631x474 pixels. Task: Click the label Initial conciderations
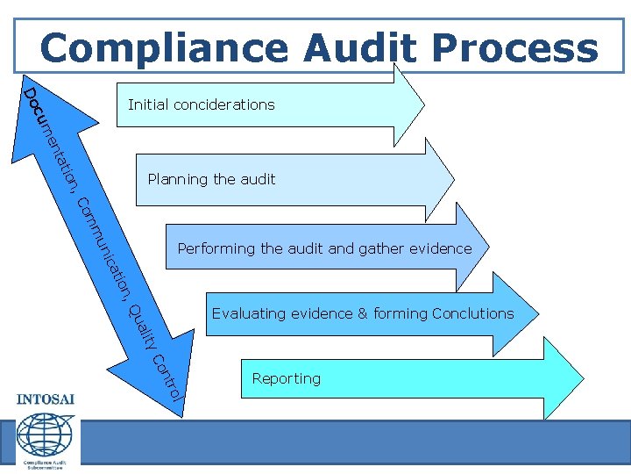tap(201, 105)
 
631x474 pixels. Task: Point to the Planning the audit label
tap(211, 179)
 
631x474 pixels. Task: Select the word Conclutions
tap(472, 313)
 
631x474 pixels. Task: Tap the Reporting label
tap(286, 378)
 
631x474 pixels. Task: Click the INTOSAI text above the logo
tap(46, 400)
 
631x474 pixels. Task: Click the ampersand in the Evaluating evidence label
tap(363, 313)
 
